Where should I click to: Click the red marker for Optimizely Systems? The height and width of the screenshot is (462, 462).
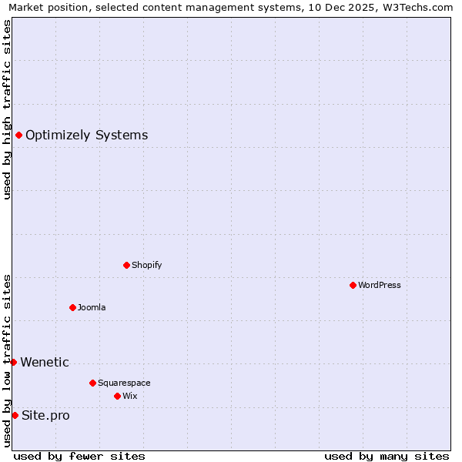click(x=18, y=136)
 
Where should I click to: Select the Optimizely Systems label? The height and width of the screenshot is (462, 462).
click(x=86, y=136)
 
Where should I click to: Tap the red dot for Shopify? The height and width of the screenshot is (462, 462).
click(x=126, y=265)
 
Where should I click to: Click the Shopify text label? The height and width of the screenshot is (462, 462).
click(x=146, y=265)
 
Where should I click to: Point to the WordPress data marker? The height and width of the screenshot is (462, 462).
click(x=353, y=285)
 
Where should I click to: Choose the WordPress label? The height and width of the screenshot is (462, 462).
click(x=379, y=285)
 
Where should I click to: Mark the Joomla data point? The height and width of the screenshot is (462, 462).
click(x=72, y=307)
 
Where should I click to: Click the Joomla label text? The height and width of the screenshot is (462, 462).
click(x=92, y=307)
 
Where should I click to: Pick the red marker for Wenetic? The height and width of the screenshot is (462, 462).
click(x=13, y=362)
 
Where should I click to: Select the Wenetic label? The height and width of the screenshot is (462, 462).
click(x=45, y=362)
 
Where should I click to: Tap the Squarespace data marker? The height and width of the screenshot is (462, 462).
click(x=92, y=383)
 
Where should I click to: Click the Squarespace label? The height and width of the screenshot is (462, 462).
click(x=124, y=383)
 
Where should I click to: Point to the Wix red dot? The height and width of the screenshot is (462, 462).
click(x=117, y=396)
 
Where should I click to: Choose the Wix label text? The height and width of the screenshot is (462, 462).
click(x=129, y=396)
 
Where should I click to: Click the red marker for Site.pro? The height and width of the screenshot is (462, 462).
click(x=15, y=415)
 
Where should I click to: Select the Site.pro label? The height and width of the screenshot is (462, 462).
click(x=45, y=416)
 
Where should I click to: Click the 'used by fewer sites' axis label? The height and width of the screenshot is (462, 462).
click(x=79, y=456)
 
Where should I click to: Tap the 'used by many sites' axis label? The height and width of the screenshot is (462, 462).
click(x=387, y=456)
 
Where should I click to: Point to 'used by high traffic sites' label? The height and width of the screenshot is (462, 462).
click(x=7, y=109)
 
